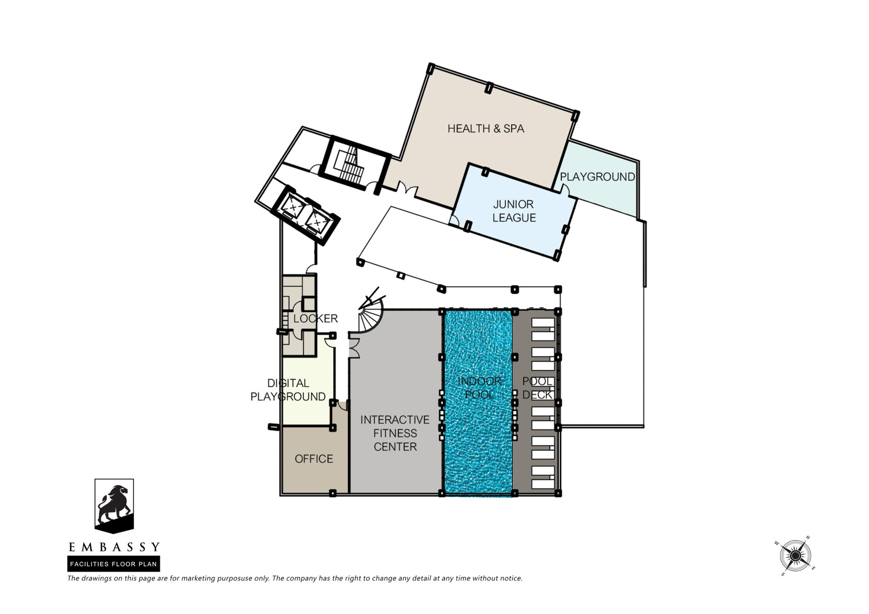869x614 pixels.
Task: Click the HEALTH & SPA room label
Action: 486,128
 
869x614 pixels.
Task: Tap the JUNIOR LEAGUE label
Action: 514,211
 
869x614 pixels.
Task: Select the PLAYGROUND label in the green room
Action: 597,177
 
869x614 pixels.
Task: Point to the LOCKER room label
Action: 316,319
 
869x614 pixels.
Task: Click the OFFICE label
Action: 314,459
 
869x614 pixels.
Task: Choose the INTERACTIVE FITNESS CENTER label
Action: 395,433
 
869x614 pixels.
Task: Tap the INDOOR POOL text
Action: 480,388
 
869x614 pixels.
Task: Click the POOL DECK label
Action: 537,388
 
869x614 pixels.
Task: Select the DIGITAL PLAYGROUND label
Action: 288,390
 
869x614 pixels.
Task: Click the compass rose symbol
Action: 796,556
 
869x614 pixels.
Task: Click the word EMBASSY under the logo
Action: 114,547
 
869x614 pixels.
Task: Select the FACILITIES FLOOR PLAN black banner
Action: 114,564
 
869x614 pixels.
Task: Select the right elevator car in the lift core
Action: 318,221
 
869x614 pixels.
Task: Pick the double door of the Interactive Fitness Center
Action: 354,347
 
